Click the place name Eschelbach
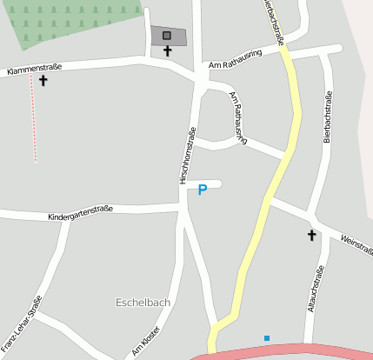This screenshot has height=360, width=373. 143,303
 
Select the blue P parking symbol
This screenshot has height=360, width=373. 203,189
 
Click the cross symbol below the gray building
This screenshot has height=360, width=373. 168,51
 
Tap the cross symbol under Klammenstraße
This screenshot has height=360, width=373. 43,81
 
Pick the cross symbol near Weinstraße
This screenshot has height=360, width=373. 311,235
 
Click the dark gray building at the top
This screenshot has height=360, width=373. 168,37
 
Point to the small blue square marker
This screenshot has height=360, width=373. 267,337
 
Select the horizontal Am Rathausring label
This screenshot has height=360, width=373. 235,63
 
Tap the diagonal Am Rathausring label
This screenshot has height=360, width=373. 238,117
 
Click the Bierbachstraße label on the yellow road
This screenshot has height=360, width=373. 273,21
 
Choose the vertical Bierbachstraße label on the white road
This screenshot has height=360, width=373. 328,116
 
